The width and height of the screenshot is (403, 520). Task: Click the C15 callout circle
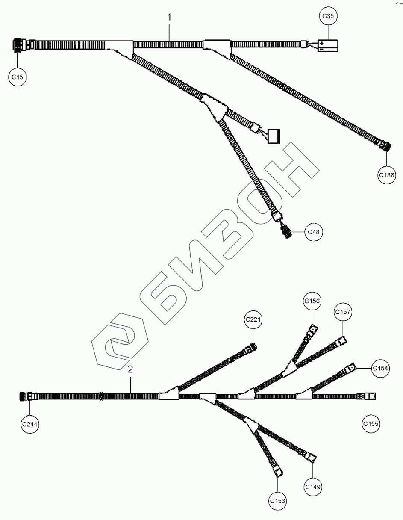[18, 77]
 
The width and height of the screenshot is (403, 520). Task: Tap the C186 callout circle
[387, 174]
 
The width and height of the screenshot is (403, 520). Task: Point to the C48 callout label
[313, 232]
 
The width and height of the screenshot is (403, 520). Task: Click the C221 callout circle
[253, 320]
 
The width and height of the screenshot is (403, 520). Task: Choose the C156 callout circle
[312, 301]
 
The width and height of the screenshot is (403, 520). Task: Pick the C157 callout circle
[343, 312]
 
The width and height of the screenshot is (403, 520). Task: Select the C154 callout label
[380, 368]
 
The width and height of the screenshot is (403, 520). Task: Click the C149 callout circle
[313, 487]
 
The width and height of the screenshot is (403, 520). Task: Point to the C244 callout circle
[30, 424]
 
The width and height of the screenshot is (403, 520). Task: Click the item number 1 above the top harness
[170, 17]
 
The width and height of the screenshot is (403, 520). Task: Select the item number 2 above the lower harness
[131, 369]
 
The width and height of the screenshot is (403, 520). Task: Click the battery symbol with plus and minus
[328, 45]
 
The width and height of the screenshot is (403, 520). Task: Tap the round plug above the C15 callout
[18, 45]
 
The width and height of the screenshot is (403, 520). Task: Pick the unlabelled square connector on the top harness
[274, 136]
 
